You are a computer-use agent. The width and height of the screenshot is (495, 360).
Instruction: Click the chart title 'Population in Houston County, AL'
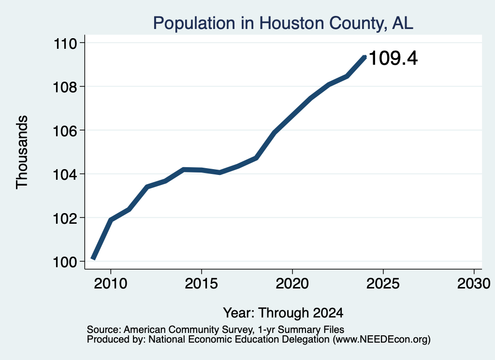point(283,23)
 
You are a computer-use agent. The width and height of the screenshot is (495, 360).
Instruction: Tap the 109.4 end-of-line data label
point(393,58)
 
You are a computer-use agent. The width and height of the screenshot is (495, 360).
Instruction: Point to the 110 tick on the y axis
point(65,43)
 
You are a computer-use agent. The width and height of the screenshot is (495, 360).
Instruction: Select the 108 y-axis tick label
point(65,87)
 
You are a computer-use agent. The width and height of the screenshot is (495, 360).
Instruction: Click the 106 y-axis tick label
point(65,131)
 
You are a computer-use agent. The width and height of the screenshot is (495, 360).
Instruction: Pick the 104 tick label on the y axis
point(65,175)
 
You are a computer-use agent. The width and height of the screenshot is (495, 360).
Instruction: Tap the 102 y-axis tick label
point(65,218)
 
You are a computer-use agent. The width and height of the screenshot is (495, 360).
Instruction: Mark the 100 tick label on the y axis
point(65,262)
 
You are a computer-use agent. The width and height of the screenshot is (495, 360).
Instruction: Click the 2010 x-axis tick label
point(111,283)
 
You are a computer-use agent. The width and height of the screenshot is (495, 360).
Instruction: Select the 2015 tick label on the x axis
point(202,283)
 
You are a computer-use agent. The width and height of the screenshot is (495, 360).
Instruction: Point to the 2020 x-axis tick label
point(292,283)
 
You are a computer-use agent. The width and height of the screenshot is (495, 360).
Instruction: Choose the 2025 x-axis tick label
point(383,283)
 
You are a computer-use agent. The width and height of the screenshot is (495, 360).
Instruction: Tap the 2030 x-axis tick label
point(474,283)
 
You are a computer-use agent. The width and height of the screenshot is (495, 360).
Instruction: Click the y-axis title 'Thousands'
point(22,152)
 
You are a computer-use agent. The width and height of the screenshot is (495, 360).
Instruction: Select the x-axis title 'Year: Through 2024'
point(283,313)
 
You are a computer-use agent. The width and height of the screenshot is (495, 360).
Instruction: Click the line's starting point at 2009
point(93,258)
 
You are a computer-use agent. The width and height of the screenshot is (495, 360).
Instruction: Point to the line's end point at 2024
point(364,57)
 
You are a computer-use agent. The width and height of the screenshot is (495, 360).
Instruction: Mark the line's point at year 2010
point(111,219)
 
